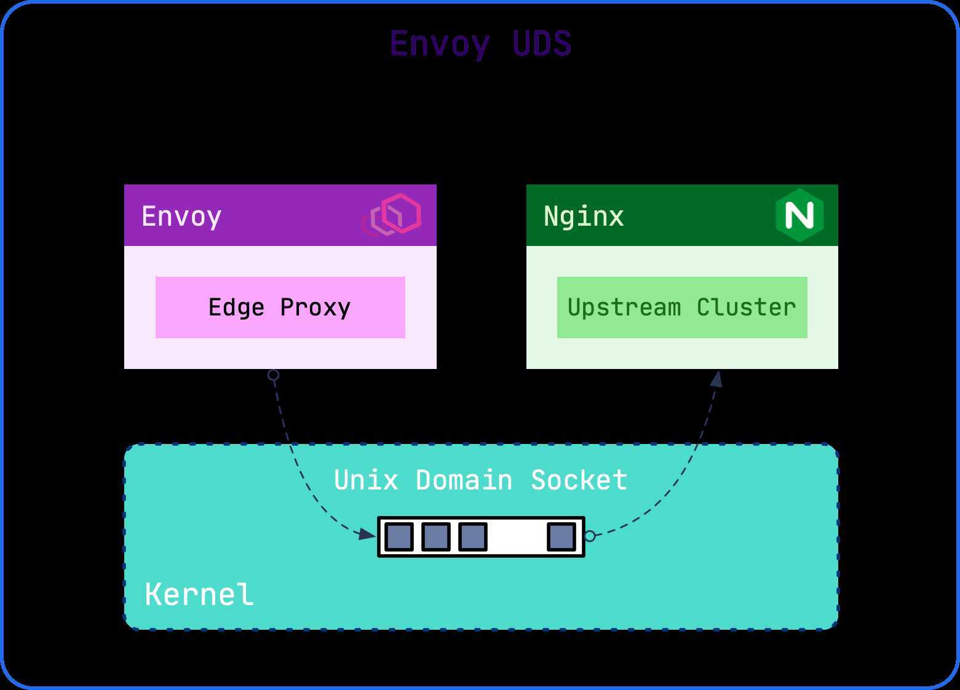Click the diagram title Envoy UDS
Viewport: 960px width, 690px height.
pos(480,44)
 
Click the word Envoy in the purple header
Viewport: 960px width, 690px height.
pos(181,216)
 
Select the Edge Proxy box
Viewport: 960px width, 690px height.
pos(280,307)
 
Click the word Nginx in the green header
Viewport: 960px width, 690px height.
pos(584,216)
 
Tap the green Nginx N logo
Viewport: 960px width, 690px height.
pos(799,215)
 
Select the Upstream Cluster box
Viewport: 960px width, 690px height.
pos(682,307)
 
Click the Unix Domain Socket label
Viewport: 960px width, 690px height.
pos(480,480)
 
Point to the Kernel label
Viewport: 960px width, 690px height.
pos(199,595)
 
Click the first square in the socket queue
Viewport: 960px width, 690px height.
pos(399,536)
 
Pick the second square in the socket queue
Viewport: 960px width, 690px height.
pos(436,536)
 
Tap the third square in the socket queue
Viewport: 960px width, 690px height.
pos(473,536)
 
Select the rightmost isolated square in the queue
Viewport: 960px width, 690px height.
pos(561,536)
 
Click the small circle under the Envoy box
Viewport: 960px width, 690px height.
pos(274,375)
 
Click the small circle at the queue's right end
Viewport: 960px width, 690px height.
pos(590,536)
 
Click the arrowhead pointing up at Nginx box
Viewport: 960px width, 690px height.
pos(717,378)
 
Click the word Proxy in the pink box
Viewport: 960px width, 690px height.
pos(315,307)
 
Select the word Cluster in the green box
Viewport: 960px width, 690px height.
pos(746,307)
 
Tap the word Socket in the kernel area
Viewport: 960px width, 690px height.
pos(579,480)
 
